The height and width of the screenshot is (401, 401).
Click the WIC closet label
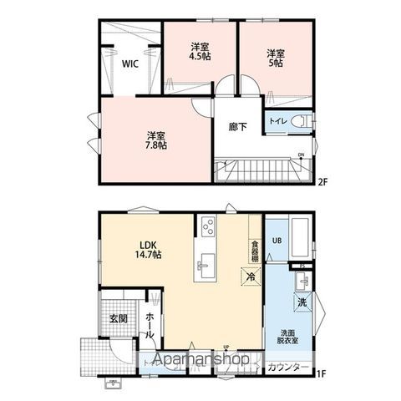tap(129, 63)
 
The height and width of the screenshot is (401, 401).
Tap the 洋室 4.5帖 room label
tap(198, 52)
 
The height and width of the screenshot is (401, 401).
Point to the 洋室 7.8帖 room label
tap(155, 140)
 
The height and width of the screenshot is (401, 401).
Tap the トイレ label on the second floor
tap(278, 122)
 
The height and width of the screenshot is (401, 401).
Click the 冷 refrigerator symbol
tap(249, 275)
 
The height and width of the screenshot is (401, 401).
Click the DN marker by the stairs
tap(302, 155)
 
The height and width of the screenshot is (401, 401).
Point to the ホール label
tap(149, 324)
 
